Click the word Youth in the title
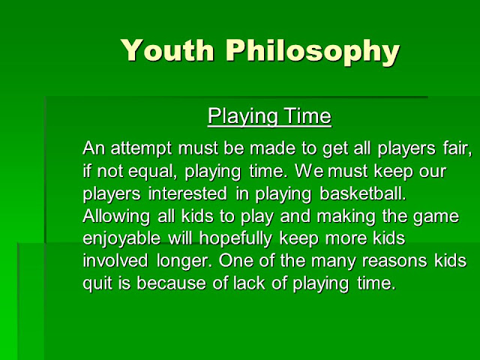point(167,50)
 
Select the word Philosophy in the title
point(313,52)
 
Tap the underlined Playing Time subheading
point(269,116)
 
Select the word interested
point(187,193)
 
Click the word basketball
point(363,193)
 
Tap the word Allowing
point(116,217)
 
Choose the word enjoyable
point(121,239)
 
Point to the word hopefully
point(235,239)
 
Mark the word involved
point(115,260)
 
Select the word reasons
point(394,262)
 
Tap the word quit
point(97,283)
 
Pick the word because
point(171,283)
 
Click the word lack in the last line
point(249,283)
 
